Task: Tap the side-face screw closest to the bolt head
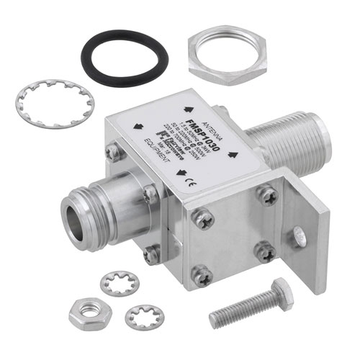click(x=203, y=274)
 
